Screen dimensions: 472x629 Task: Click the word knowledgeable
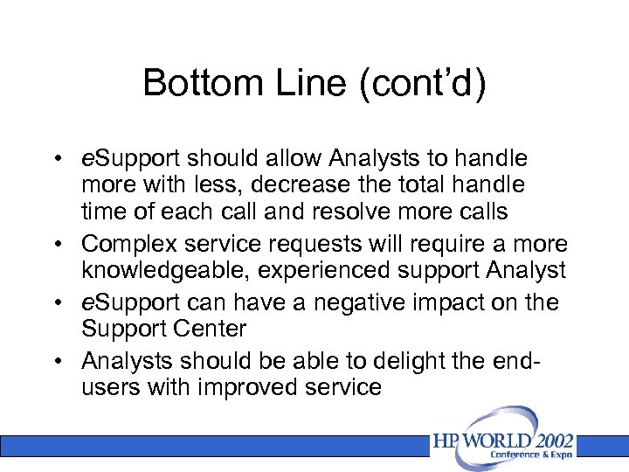(163, 272)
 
